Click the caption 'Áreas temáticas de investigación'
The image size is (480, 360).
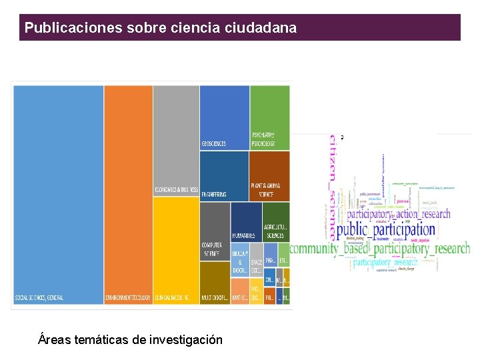131,340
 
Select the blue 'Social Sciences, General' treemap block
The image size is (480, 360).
58,193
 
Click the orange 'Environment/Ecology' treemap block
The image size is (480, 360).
128,193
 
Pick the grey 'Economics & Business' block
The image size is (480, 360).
176,140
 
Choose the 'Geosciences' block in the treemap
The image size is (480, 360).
225,117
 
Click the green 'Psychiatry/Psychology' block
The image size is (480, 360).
270,117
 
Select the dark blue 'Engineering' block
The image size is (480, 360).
225,175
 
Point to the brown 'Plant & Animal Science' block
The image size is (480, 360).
270,175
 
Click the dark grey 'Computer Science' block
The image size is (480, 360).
215,231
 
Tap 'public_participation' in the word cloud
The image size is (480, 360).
385,231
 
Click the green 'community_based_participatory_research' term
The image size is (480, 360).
379,249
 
